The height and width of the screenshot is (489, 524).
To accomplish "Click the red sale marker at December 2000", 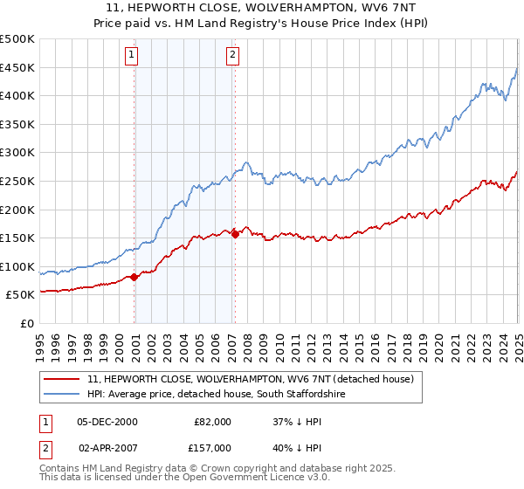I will coord(134,277).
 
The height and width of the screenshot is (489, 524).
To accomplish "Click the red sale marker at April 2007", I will coord(235,234).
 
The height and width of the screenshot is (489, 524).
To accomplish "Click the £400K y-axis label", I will coord(19,96).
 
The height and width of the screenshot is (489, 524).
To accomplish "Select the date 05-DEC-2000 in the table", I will coord(107,422).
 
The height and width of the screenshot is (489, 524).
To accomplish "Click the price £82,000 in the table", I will coord(212,422).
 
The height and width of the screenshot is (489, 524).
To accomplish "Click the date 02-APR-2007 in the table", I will coord(107,448).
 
